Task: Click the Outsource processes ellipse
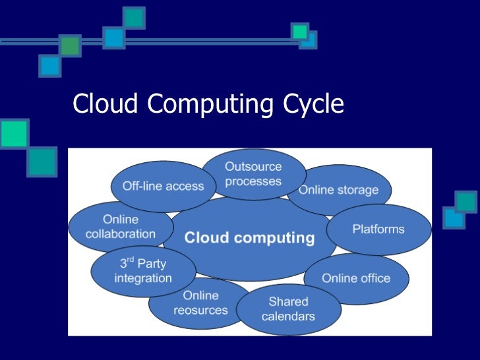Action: tap(253, 174)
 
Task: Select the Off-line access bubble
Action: tap(163, 186)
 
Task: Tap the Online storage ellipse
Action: tap(338, 191)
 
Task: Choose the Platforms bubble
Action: tap(378, 229)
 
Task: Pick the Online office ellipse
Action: tap(356, 278)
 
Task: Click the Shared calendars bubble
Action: tap(288, 309)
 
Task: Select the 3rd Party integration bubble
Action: tap(143, 270)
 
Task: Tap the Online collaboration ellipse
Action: tap(121, 226)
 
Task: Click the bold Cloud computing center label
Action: tap(249, 237)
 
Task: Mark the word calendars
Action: tap(288, 316)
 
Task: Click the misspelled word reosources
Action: tap(200, 310)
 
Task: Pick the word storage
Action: tap(358, 191)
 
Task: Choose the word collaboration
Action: tap(121, 233)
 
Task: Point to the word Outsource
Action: tap(253, 167)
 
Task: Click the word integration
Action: tap(143, 278)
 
